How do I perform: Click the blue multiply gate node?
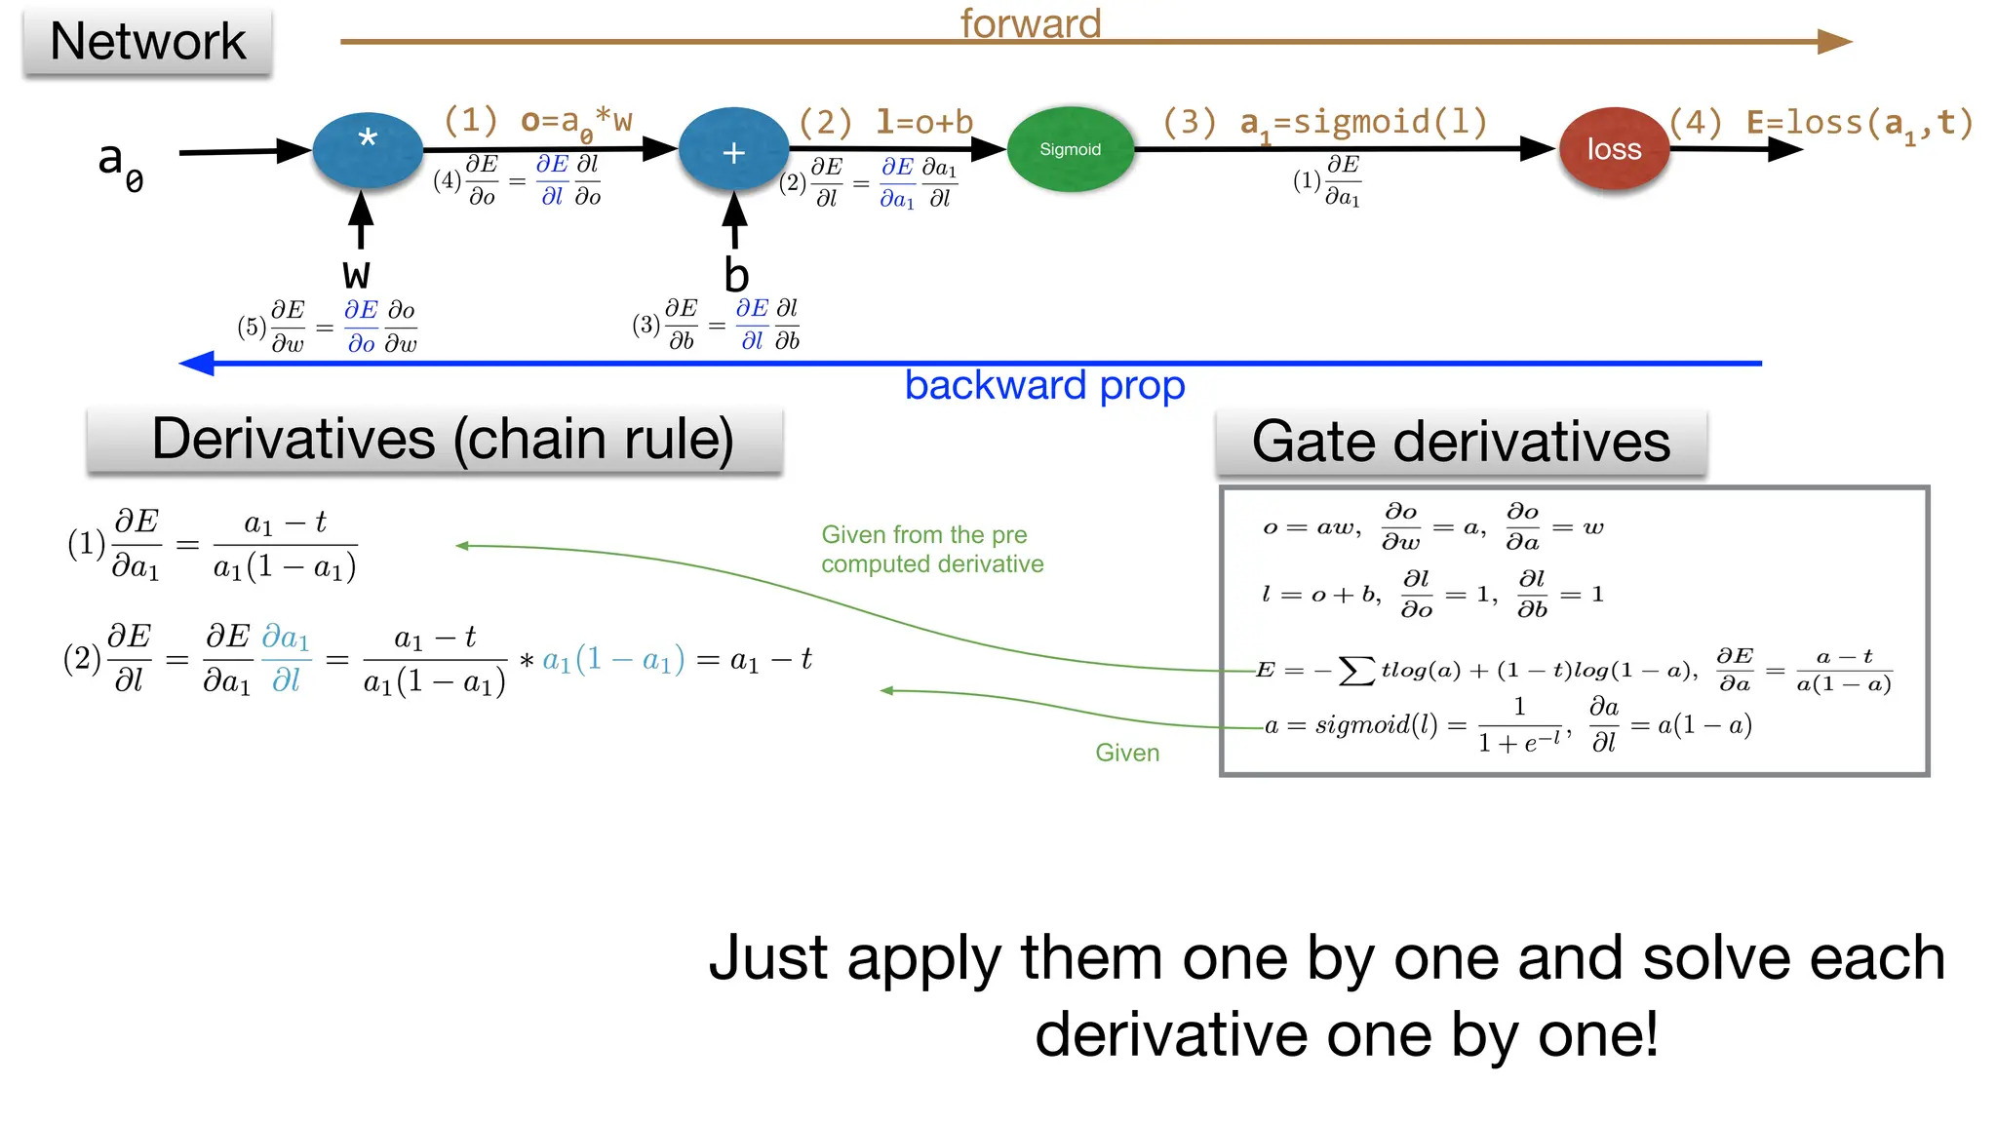368,149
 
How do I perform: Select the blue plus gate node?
733,150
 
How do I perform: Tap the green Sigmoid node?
1070,149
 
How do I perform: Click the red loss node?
1614,149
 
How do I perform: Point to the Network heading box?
147,42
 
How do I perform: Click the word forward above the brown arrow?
1031,22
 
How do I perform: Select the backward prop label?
1044,386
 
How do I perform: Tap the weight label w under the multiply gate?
357,273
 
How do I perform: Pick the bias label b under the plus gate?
736,275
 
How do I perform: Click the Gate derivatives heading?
1461,443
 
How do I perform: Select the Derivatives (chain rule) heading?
443,440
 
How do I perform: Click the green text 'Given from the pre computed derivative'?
931,549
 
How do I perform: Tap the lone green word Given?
1127,753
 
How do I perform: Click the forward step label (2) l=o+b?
885,123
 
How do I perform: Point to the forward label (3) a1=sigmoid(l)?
1324,124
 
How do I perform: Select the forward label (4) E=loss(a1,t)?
1821,124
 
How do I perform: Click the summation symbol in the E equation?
1356,671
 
